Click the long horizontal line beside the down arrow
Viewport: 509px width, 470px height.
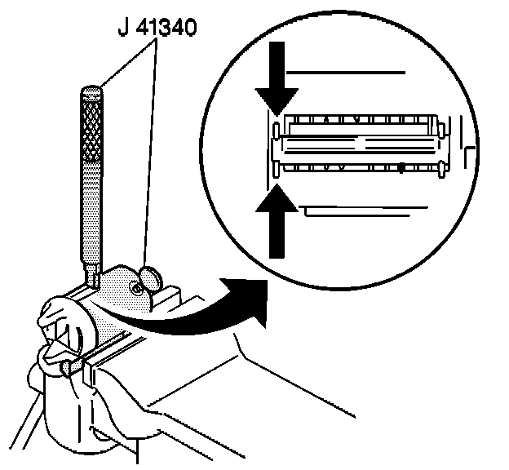pos(347,73)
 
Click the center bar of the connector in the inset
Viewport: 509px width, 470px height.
pos(359,146)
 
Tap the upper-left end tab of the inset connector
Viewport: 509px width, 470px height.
pos(277,129)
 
